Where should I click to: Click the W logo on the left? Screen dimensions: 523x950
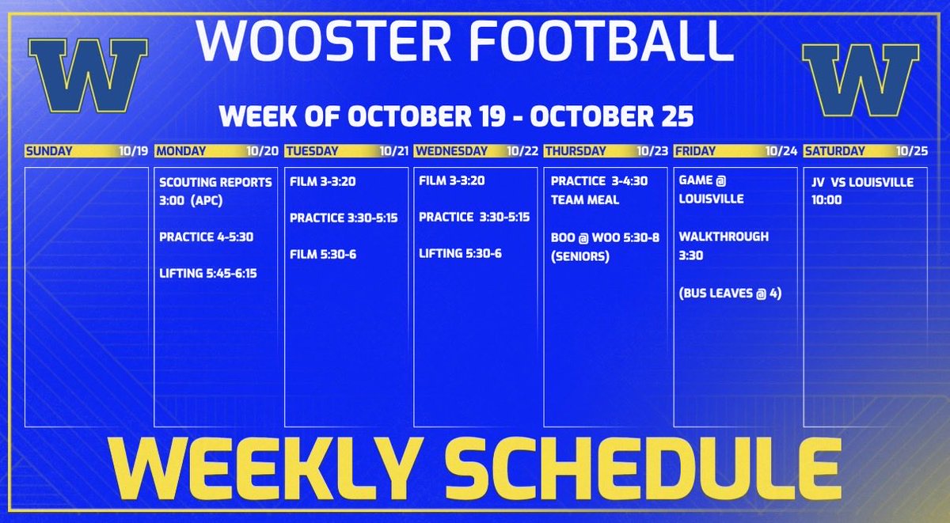(x=88, y=77)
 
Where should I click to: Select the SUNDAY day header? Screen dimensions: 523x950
(x=49, y=150)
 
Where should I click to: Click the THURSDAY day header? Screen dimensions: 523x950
(x=575, y=150)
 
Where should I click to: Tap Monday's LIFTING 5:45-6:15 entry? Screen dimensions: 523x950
(x=207, y=273)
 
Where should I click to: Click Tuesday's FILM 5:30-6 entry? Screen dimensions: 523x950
(x=322, y=254)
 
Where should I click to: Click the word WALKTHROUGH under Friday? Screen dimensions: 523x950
(x=724, y=237)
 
